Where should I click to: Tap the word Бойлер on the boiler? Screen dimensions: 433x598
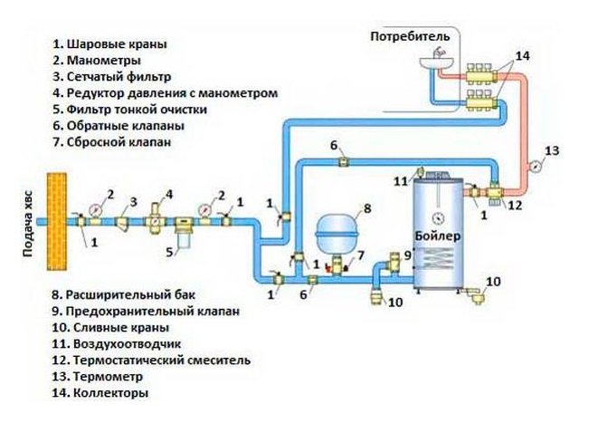440,236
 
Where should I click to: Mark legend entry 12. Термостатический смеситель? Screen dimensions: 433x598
150,360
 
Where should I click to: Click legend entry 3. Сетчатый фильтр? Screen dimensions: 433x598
111,77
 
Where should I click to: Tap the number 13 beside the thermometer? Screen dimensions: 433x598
553,149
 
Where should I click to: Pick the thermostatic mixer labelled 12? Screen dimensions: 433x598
496,191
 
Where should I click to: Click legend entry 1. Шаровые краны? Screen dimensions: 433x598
109,43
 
